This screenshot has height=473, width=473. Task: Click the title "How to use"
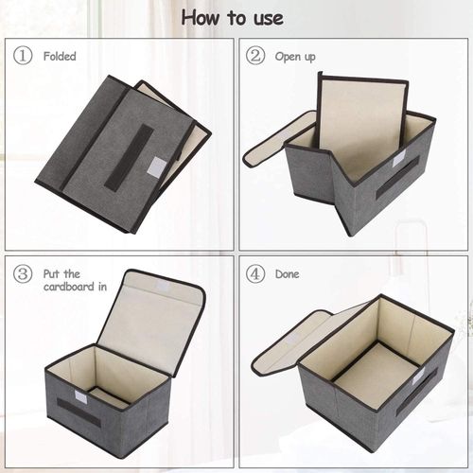tap(232, 17)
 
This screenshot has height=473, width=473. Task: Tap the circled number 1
tap(23, 56)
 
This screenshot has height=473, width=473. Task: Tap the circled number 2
tap(254, 56)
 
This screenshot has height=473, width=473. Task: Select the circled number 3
tap(23, 274)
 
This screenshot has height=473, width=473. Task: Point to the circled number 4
tap(254, 274)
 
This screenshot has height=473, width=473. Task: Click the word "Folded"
tap(60, 56)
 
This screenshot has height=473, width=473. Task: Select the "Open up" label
tap(295, 56)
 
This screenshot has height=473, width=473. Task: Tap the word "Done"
tap(288, 274)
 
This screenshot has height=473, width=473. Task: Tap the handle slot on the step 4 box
tap(416, 390)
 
